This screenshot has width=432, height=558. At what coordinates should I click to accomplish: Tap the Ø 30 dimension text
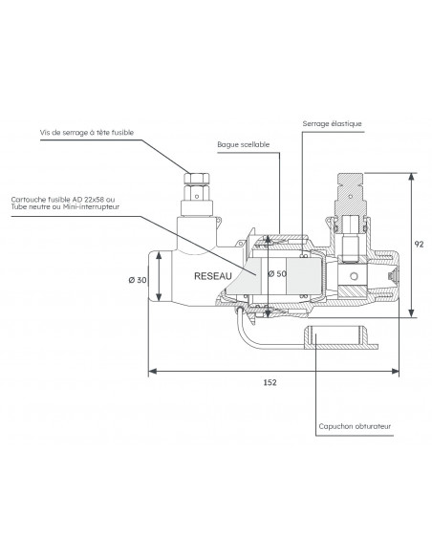[138, 280]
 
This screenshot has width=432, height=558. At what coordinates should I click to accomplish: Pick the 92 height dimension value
[419, 244]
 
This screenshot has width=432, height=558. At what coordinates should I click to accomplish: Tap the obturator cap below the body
[341, 336]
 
